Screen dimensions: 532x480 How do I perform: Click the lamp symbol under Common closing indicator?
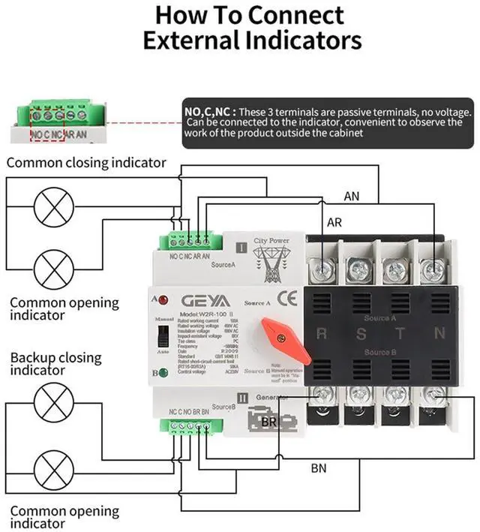point(51,203)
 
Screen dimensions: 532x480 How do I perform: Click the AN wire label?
point(352,196)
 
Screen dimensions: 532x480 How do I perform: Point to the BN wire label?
point(319,469)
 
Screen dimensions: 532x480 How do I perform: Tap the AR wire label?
point(334,223)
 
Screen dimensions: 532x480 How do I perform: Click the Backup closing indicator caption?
point(55,363)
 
